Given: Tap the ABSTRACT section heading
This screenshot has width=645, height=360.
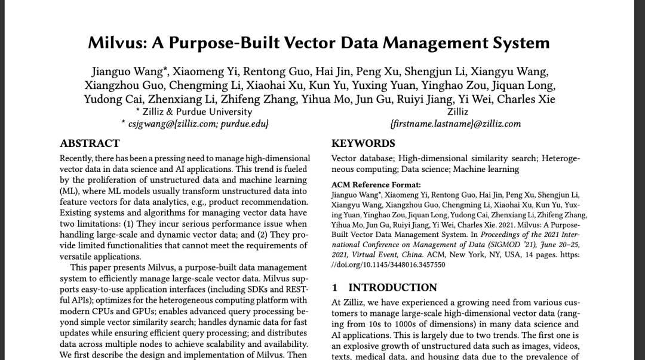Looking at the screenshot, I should (90, 143).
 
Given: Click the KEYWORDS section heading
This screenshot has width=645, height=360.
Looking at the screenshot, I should (363, 143).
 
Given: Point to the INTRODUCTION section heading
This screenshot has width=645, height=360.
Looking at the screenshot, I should (392, 288).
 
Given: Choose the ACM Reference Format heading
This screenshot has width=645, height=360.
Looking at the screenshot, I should (376, 185).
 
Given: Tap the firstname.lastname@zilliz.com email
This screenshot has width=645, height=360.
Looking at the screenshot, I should (455, 124).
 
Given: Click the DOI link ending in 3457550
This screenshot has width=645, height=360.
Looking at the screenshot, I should (388, 264).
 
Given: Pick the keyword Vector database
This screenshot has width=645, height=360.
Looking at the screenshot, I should (362, 158).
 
